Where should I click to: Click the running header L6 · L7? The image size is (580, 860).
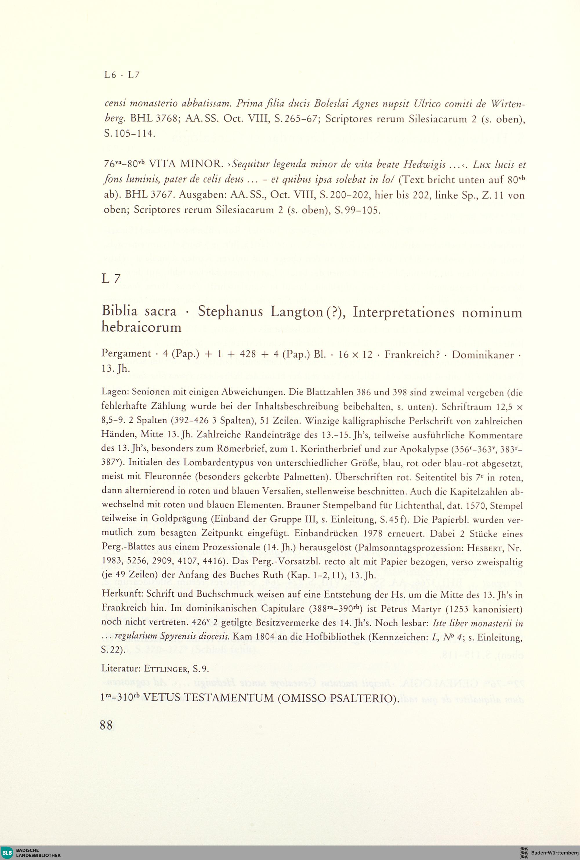pyautogui.click(x=122, y=75)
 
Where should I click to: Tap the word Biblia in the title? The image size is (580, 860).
pyautogui.click(x=119, y=311)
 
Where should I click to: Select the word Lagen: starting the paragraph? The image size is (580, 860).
pyautogui.click(x=115, y=393)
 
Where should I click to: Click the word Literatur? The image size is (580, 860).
pyautogui.click(x=121, y=668)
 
